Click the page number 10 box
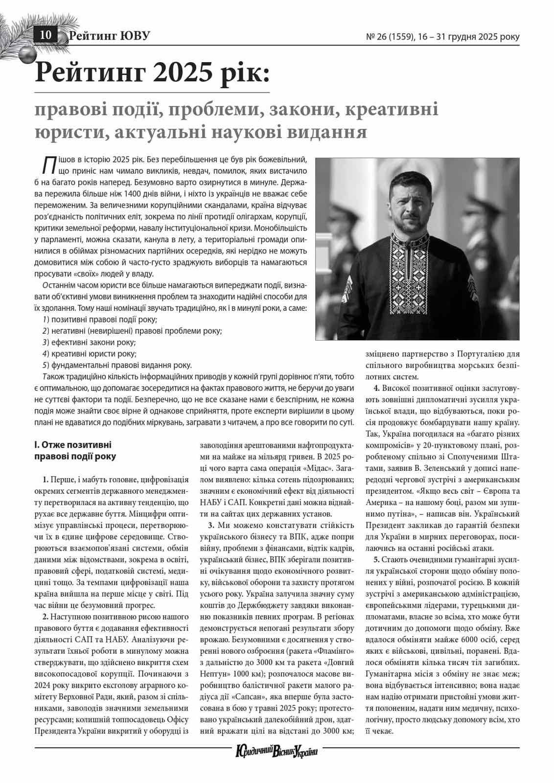46,35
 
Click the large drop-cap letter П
48,165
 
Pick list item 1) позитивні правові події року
99,320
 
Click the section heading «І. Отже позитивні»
72,445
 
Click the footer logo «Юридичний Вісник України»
277,751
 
